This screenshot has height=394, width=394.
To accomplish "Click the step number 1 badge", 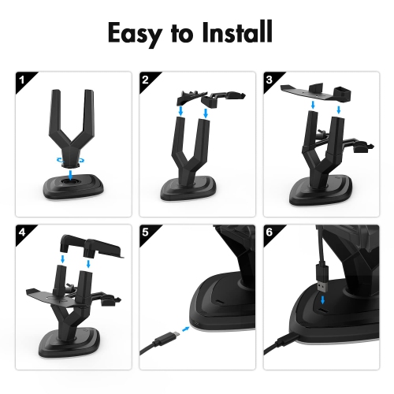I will pos(22,79).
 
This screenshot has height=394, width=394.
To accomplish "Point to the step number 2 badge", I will pos(145,79).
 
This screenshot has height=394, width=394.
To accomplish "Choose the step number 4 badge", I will pos(22,232).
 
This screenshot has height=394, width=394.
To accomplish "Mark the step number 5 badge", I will pos(145,232).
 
